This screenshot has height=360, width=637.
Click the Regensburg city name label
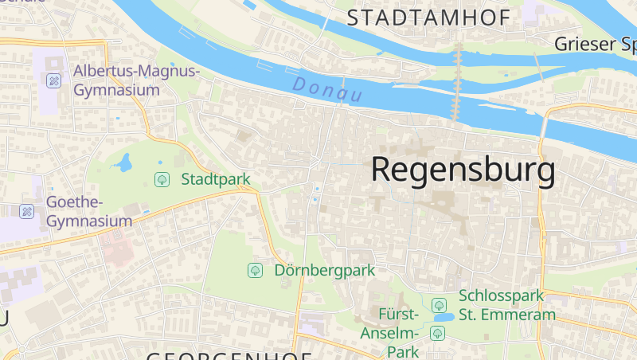463,170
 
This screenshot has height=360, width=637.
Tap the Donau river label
327,88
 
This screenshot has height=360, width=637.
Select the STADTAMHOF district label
428,18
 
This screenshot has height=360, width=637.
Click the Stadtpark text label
216,179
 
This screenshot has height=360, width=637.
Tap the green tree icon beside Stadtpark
162,179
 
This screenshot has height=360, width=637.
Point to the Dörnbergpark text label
324,270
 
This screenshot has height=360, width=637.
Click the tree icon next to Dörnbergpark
255,270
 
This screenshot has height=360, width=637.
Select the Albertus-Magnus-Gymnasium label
136,80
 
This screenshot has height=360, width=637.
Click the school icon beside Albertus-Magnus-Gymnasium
53,80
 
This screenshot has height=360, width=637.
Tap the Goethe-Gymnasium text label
89,211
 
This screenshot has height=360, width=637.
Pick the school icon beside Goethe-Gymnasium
26,211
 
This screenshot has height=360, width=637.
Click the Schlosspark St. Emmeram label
506,305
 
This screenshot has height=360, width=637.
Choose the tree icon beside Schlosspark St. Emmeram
438,305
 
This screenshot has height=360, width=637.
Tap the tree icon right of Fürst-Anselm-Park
436,333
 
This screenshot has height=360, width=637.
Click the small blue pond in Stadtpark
123,164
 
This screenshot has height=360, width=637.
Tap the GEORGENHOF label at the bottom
229,354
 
